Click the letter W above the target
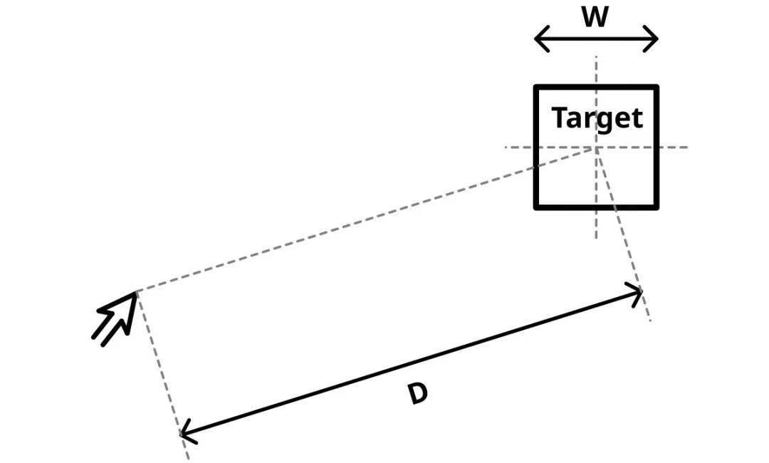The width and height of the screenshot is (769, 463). [x=595, y=17]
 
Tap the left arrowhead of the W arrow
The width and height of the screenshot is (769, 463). [x=537, y=38]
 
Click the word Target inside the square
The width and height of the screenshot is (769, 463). [x=597, y=118]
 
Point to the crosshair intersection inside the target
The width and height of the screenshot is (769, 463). [x=597, y=148]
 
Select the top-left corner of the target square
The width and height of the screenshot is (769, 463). [x=536, y=87]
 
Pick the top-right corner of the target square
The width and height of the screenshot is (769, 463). [x=656, y=87]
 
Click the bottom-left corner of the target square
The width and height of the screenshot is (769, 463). [x=536, y=207]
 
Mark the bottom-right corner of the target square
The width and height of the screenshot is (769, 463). [x=656, y=207]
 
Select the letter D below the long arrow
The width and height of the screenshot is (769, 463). [x=418, y=395]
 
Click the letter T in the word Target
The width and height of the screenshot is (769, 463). [x=559, y=118]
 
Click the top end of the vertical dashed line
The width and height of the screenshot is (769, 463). [x=597, y=56]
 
